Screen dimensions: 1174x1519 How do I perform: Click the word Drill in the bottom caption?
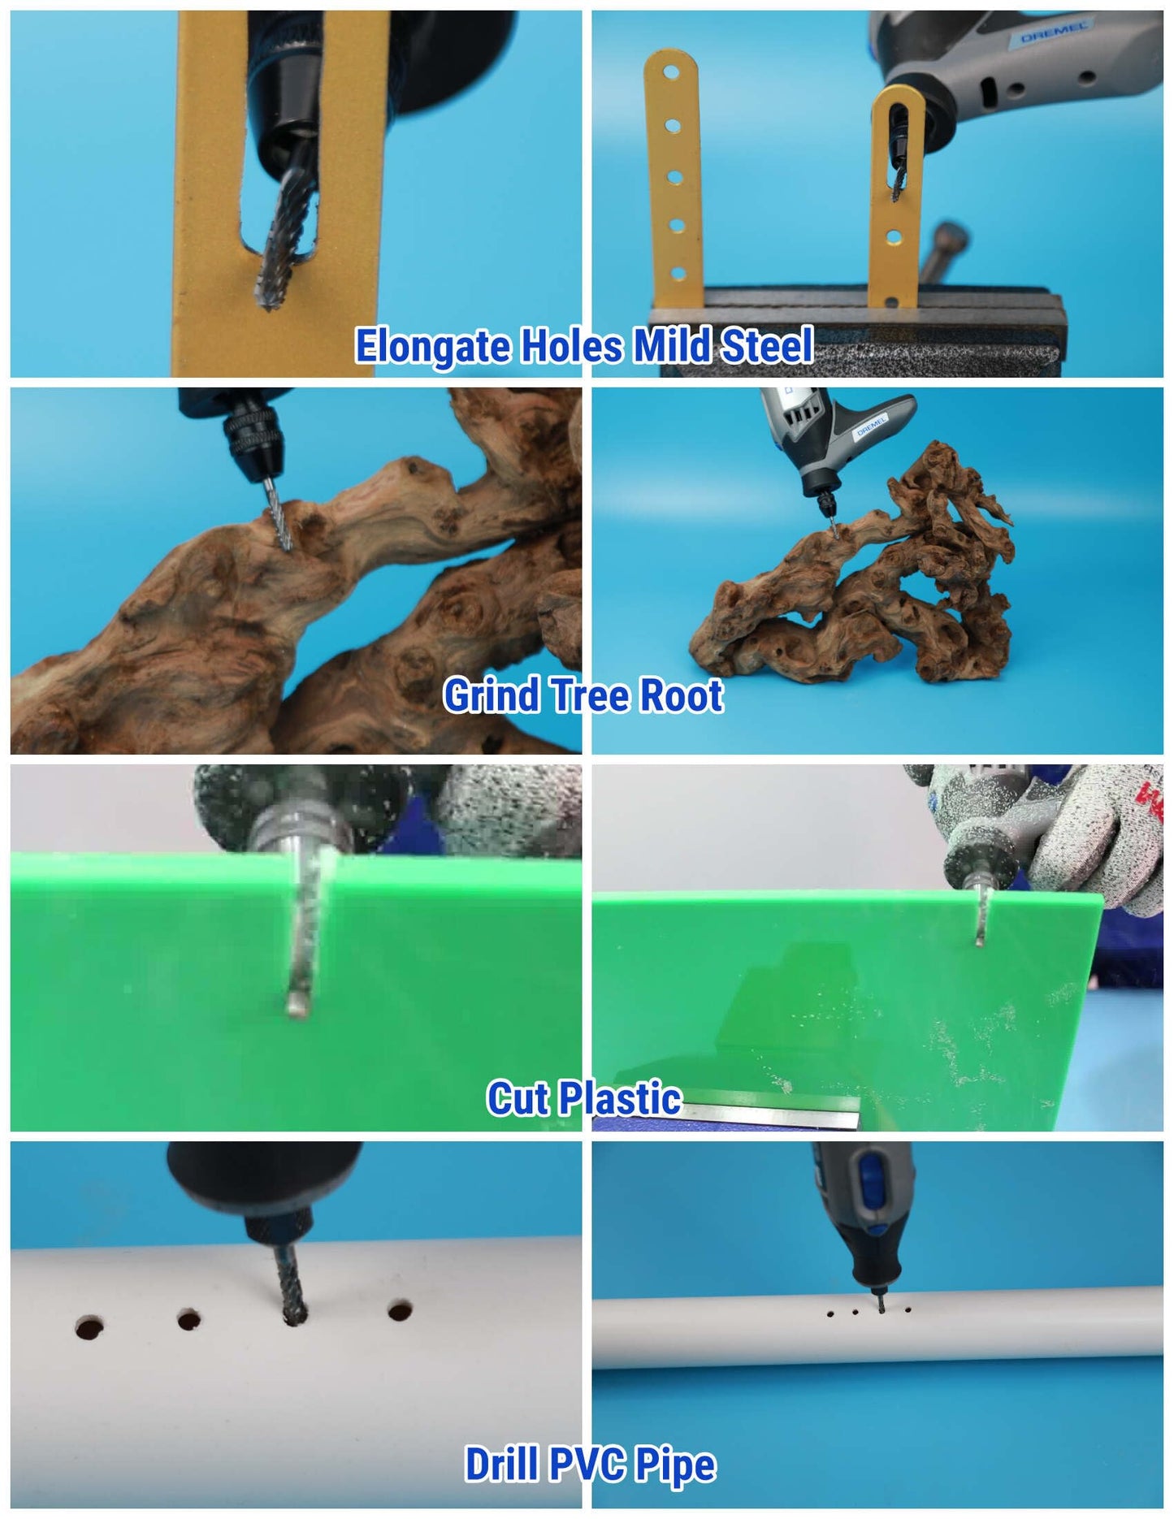click(502, 1464)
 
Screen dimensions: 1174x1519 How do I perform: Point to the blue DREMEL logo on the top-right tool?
click(1054, 33)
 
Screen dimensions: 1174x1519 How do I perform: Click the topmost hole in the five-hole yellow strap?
click(672, 71)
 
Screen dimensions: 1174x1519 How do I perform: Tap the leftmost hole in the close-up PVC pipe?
click(89, 1329)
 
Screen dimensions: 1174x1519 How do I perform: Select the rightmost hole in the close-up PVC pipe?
click(400, 1310)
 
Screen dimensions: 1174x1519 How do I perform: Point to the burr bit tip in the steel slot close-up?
click(266, 302)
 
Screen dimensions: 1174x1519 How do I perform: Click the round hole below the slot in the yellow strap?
click(894, 237)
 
